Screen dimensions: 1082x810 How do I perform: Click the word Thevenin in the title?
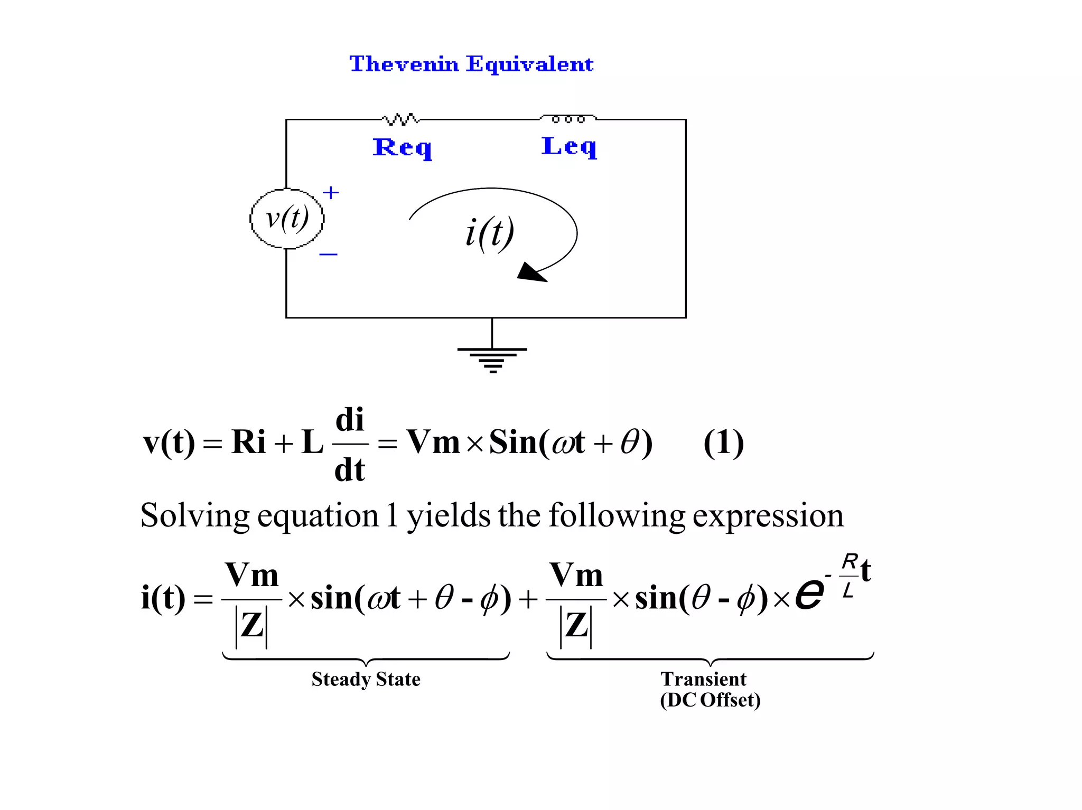[x=404, y=64]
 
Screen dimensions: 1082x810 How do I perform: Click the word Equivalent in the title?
[x=530, y=64]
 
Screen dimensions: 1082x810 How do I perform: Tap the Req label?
[x=402, y=147]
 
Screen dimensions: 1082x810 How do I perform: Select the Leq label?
[x=569, y=146]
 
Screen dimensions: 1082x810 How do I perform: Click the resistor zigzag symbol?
[x=400, y=119]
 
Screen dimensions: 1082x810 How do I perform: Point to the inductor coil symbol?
[x=568, y=119]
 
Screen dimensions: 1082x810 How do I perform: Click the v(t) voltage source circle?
[x=287, y=218]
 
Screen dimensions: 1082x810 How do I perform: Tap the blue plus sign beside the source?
[x=331, y=193]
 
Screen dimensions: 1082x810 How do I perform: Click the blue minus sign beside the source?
[x=328, y=255]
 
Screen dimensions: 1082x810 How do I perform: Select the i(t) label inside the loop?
[x=489, y=233]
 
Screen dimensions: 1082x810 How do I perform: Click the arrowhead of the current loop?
[x=530, y=272]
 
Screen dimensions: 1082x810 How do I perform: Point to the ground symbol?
[x=492, y=359]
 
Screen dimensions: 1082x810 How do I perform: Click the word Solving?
[x=194, y=516]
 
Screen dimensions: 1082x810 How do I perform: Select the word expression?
[x=768, y=516]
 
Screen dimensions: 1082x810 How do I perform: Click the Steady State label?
[x=366, y=679]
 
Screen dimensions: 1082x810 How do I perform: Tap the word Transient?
[x=703, y=679]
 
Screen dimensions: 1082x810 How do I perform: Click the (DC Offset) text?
[x=710, y=700]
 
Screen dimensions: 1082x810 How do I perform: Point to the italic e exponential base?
[x=809, y=594]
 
